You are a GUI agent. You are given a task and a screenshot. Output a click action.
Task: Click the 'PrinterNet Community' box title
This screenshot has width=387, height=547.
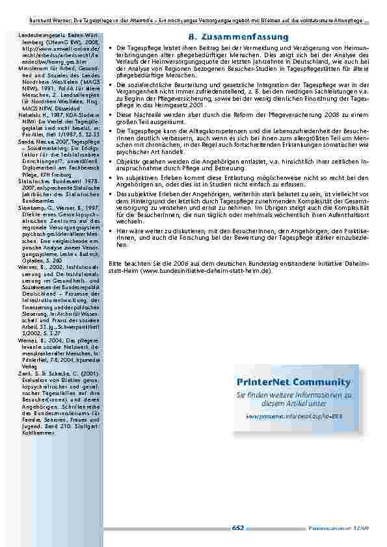coord(299,381)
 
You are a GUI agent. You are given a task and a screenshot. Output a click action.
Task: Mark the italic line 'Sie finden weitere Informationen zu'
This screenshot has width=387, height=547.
coord(298,395)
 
